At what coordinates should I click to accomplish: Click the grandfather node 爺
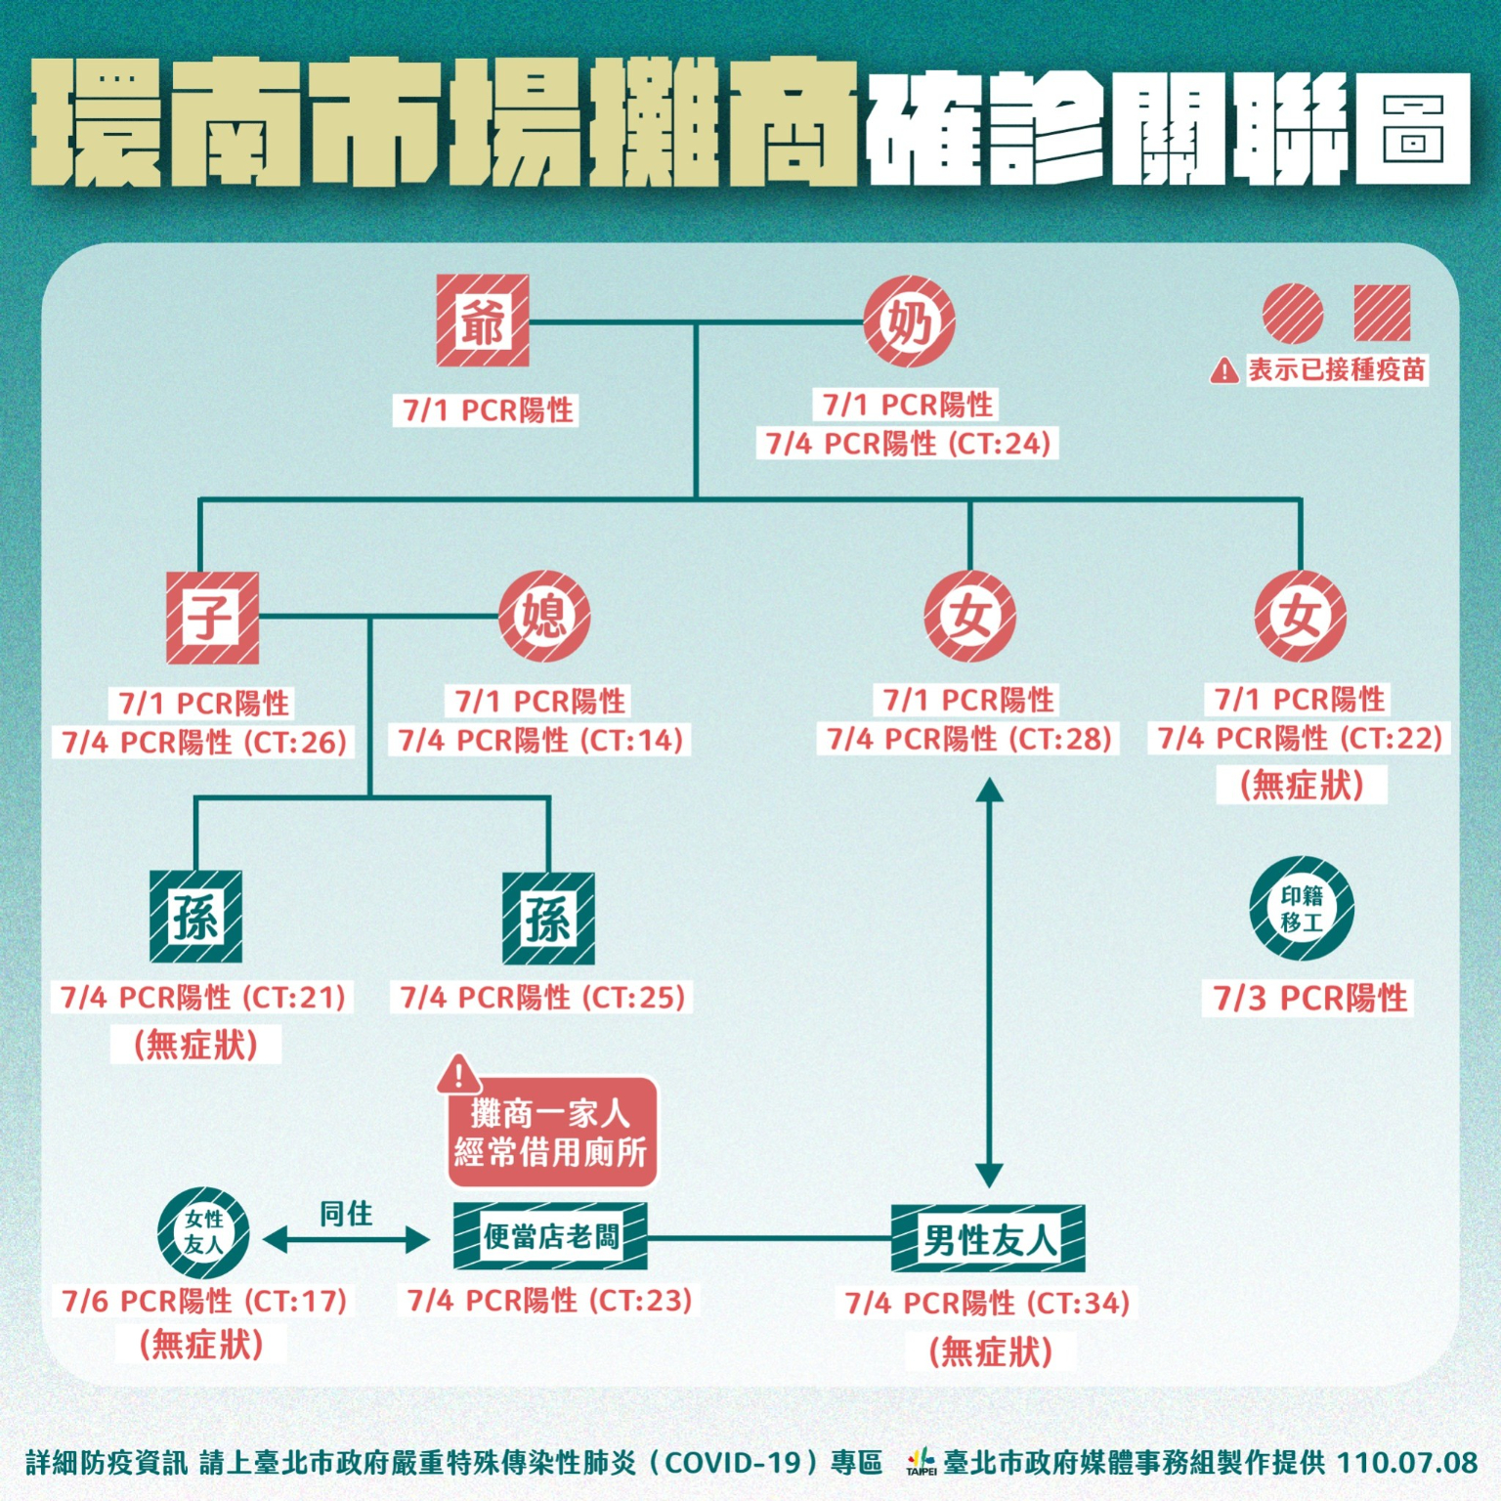pyautogui.click(x=483, y=321)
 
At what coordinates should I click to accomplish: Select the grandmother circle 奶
pyautogui.click(x=909, y=321)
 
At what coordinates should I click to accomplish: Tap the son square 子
pyautogui.click(x=212, y=618)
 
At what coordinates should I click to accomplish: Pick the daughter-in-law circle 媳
pyautogui.click(x=544, y=617)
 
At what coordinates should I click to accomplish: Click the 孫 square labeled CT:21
pyautogui.click(x=195, y=917)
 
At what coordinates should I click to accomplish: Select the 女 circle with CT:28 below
pyautogui.click(x=969, y=617)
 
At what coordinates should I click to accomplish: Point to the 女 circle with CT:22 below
pyautogui.click(x=1300, y=617)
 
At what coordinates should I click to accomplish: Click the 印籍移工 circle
pyautogui.click(x=1302, y=909)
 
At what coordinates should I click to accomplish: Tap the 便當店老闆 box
pyautogui.click(x=550, y=1237)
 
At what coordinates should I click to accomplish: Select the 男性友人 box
pyautogui.click(x=988, y=1239)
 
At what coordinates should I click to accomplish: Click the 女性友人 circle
pyautogui.click(x=203, y=1232)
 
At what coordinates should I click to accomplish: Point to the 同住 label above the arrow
pyautogui.click(x=346, y=1214)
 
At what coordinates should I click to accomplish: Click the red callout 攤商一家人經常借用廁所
pyautogui.click(x=551, y=1134)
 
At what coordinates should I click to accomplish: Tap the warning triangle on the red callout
pyautogui.click(x=457, y=1075)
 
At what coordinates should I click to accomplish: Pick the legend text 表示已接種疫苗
pyautogui.click(x=1336, y=370)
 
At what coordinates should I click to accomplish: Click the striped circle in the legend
pyautogui.click(x=1292, y=314)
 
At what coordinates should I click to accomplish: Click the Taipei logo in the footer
pyautogui.click(x=921, y=1463)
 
